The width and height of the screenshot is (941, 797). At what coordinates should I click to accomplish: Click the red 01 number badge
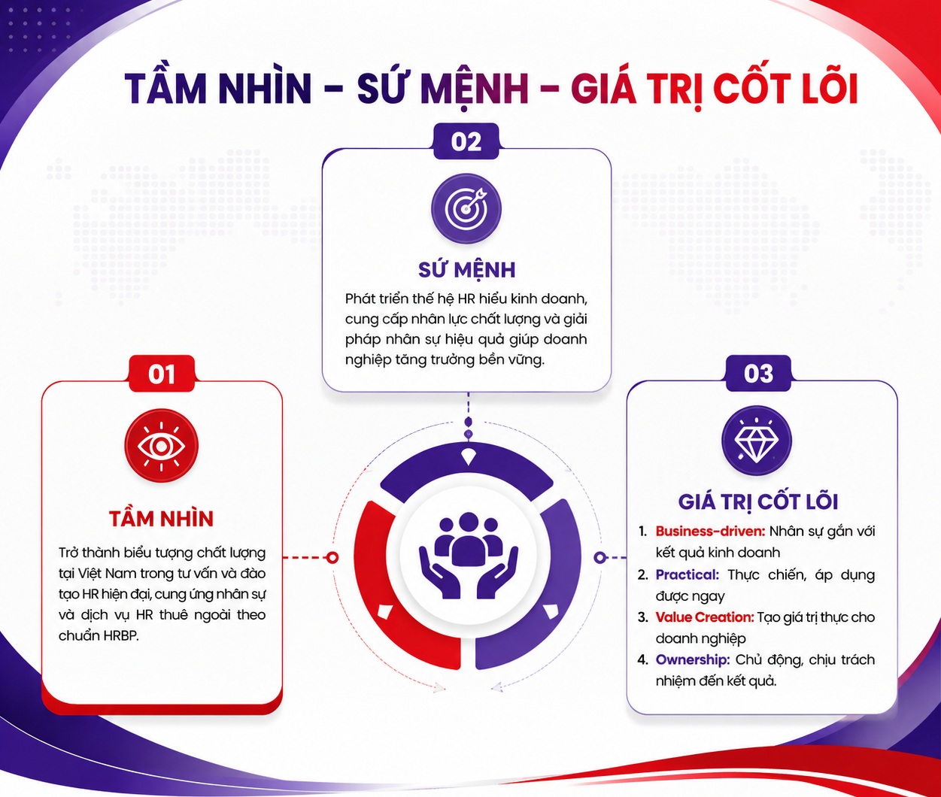[162, 373]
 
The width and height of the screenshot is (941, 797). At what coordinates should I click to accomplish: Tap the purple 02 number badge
[466, 141]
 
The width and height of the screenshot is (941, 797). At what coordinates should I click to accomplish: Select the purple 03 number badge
[758, 373]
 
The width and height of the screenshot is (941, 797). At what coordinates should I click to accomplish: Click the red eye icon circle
[161, 446]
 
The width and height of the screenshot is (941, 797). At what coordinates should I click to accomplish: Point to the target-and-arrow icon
[466, 209]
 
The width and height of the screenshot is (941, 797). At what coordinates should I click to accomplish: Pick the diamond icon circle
[757, 441]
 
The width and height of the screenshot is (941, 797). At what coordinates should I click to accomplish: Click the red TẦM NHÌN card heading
[161, 519]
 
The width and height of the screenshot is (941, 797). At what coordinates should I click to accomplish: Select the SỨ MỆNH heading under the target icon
[466, 270]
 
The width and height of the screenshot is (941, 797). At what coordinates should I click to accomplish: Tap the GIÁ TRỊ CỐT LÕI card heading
[758, 502]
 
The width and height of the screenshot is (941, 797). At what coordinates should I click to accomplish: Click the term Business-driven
[711, 531]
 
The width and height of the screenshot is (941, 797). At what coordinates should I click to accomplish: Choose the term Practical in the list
[688, 575]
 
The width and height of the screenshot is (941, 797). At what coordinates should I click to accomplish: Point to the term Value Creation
[705, 617]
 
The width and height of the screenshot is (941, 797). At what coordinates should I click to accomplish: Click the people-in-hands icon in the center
[468, 555]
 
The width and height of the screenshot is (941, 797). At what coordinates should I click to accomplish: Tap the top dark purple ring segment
[466, 469]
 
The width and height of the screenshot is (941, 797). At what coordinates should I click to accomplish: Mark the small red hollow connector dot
[332, 558]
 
